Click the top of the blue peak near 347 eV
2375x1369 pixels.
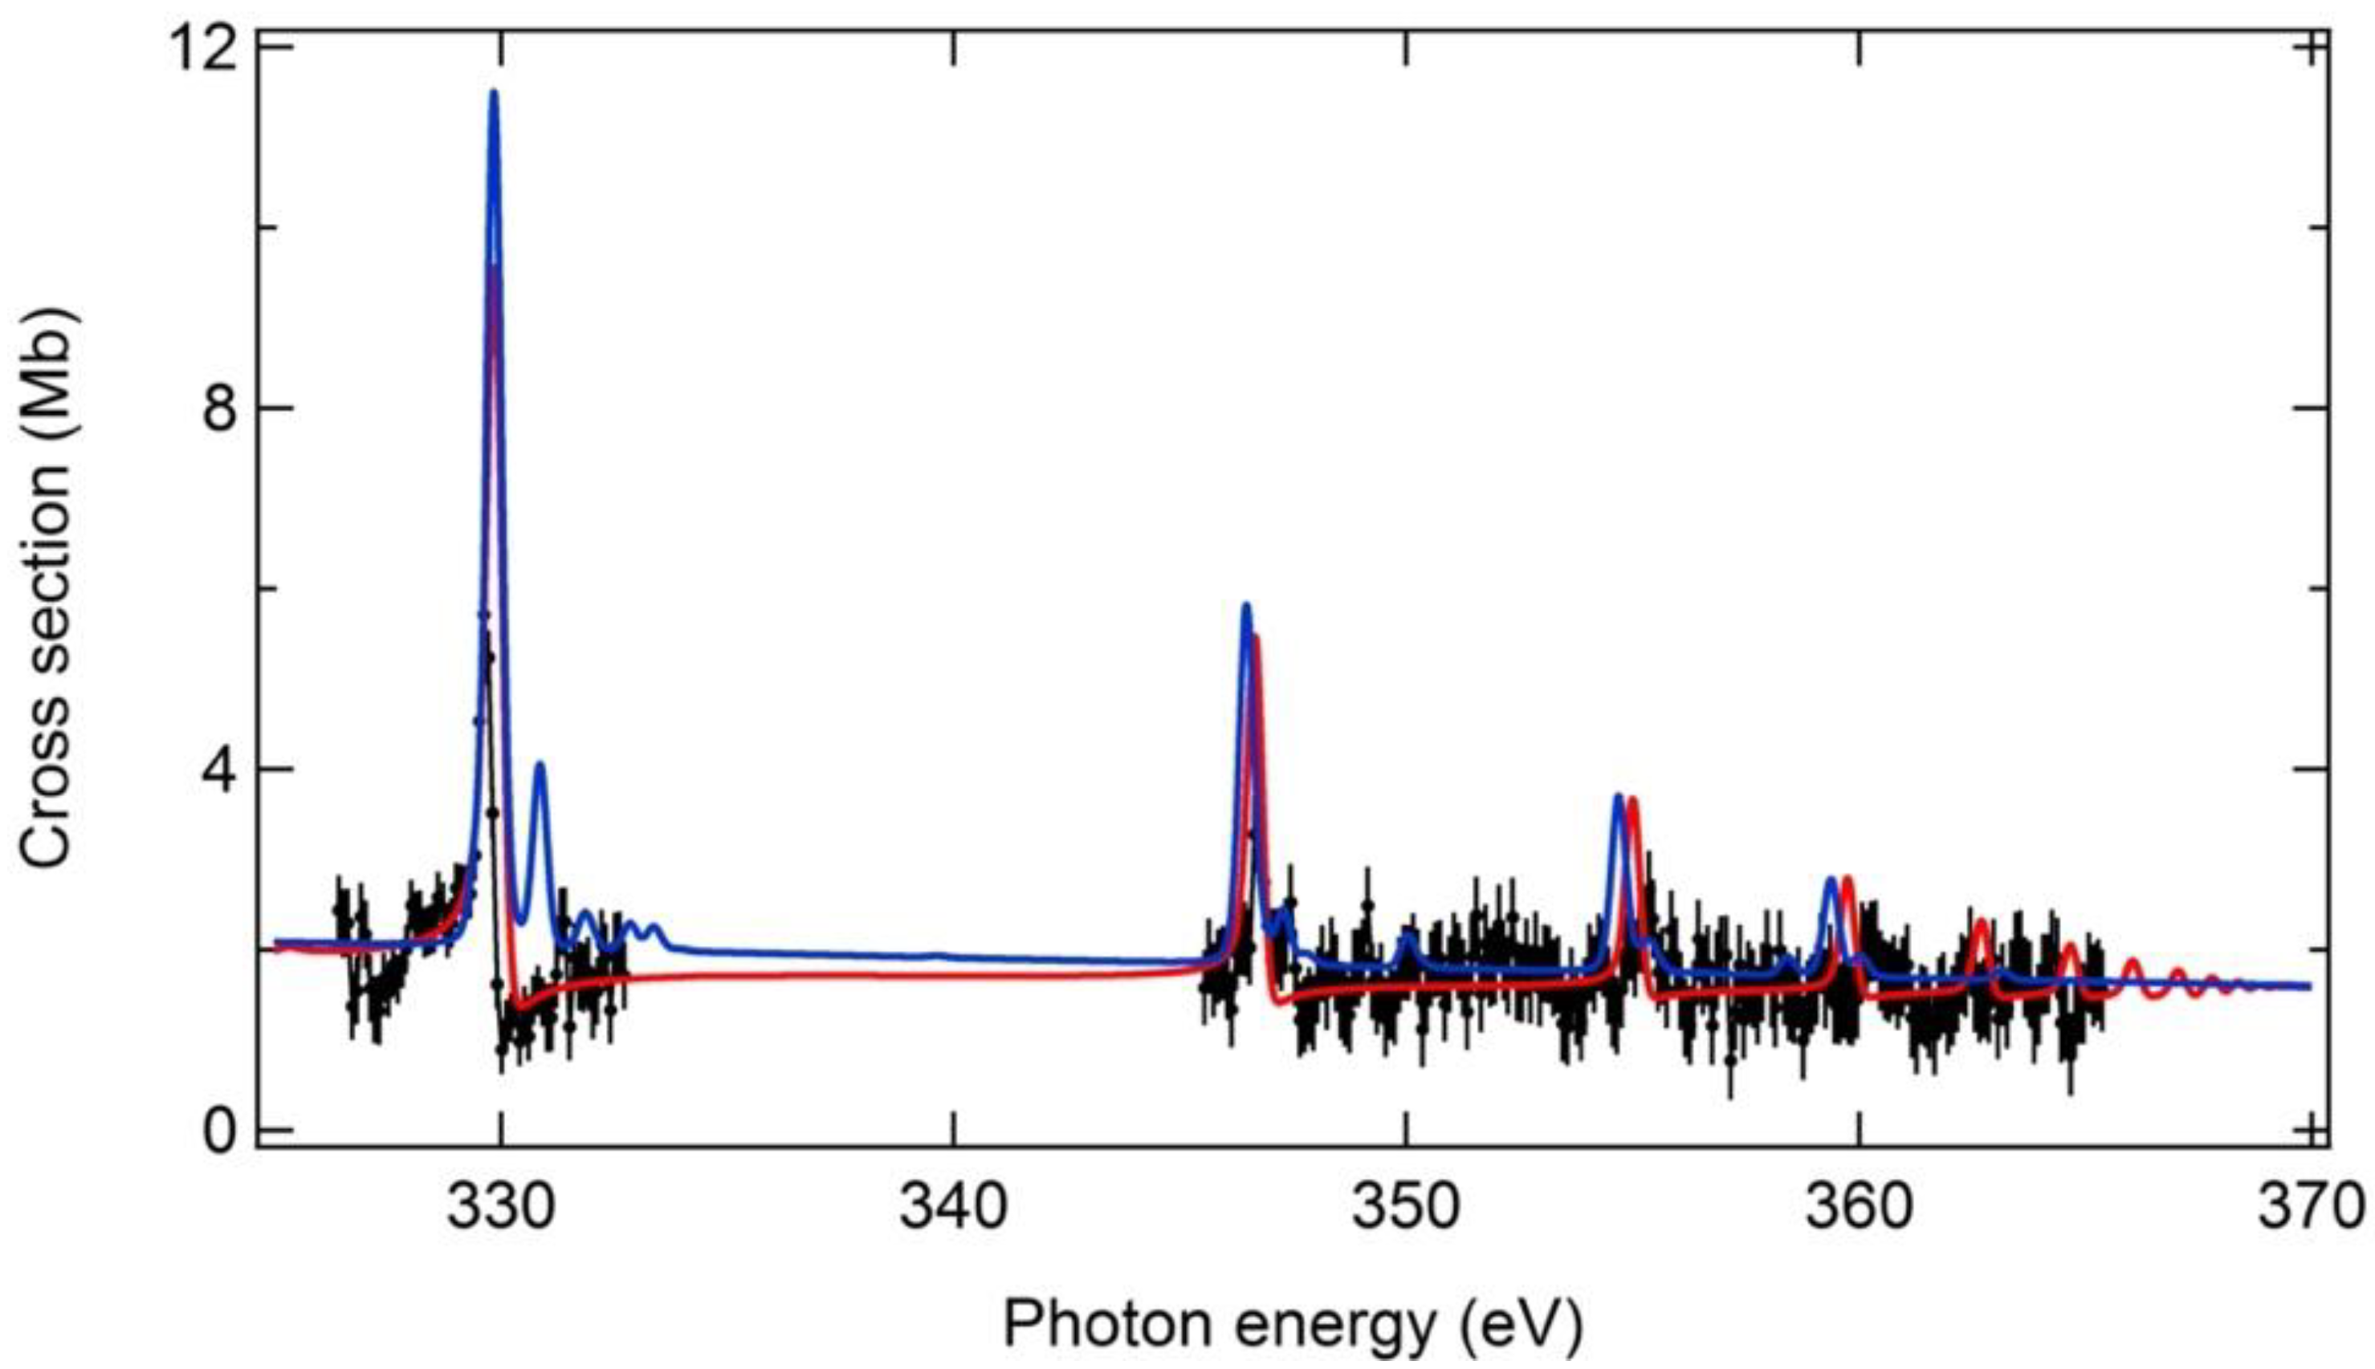point(1246,606)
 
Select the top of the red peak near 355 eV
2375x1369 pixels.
point(1633,800)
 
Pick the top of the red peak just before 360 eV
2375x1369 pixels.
point(1847,880)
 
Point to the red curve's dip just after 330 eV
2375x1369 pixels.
point(520,1008)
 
